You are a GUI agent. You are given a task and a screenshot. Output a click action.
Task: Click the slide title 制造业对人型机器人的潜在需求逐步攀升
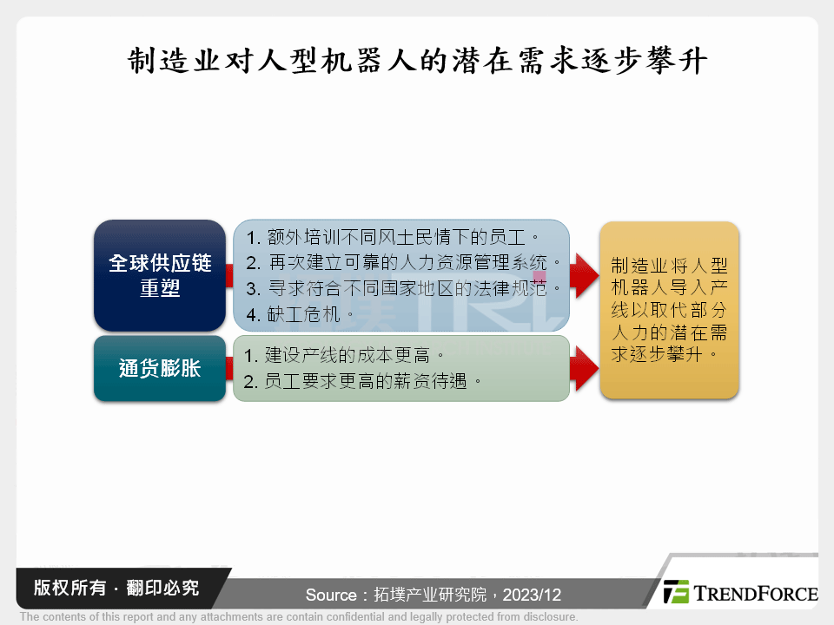pyautogui.click(x=418, y=61)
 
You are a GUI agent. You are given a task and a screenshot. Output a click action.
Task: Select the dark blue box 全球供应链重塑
pyautogui.click(x=160, y=275)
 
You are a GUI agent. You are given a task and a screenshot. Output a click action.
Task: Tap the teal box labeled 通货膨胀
pyautogui.click(x=160, y=368)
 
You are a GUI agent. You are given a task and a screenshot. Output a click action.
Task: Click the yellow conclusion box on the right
pyautogui.click(x=669, y=311)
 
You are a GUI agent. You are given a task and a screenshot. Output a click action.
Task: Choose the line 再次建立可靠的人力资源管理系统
pyautogui.click(x=402, y=262)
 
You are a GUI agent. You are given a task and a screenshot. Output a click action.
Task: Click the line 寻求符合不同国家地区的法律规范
pyautogui.click(x=402, y=288)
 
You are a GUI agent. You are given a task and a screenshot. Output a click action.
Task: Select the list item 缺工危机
pyautogui.click(x=300, y=314)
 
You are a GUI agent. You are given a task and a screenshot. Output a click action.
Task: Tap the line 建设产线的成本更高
pyautogui.click(x=344, y=355)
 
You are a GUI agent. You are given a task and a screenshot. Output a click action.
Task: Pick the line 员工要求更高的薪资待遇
pyautogui.click(x=362, y=381)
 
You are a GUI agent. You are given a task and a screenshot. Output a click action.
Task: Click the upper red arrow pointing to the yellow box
pyautogui.click(x=584, y=276)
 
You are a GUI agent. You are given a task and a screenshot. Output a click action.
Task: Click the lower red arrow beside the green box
pyautogui.click(x=584, y=368)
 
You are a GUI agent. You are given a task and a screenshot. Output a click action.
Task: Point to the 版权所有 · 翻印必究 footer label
pyautogui.click(x=116, y=588)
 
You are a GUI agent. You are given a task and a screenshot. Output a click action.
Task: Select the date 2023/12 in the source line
pyautogui.click(x=532, y=595)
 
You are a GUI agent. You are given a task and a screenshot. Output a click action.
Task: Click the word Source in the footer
pyautogui.click(x=331, y=595)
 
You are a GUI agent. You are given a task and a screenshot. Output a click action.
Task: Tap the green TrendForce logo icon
pyautogui.click(x=676, y=591)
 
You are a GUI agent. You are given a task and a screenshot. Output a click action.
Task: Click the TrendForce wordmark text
pyautogui.click(x=756, y=593)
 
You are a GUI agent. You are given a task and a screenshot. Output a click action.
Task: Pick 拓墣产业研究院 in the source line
pyautogui.click(x=430, y=595)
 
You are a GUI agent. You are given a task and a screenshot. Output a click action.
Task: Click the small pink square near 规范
pyautogui.click(x=539, y=277)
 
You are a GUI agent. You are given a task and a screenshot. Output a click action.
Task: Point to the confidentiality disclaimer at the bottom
pyautogui.click(x=299, y=616)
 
